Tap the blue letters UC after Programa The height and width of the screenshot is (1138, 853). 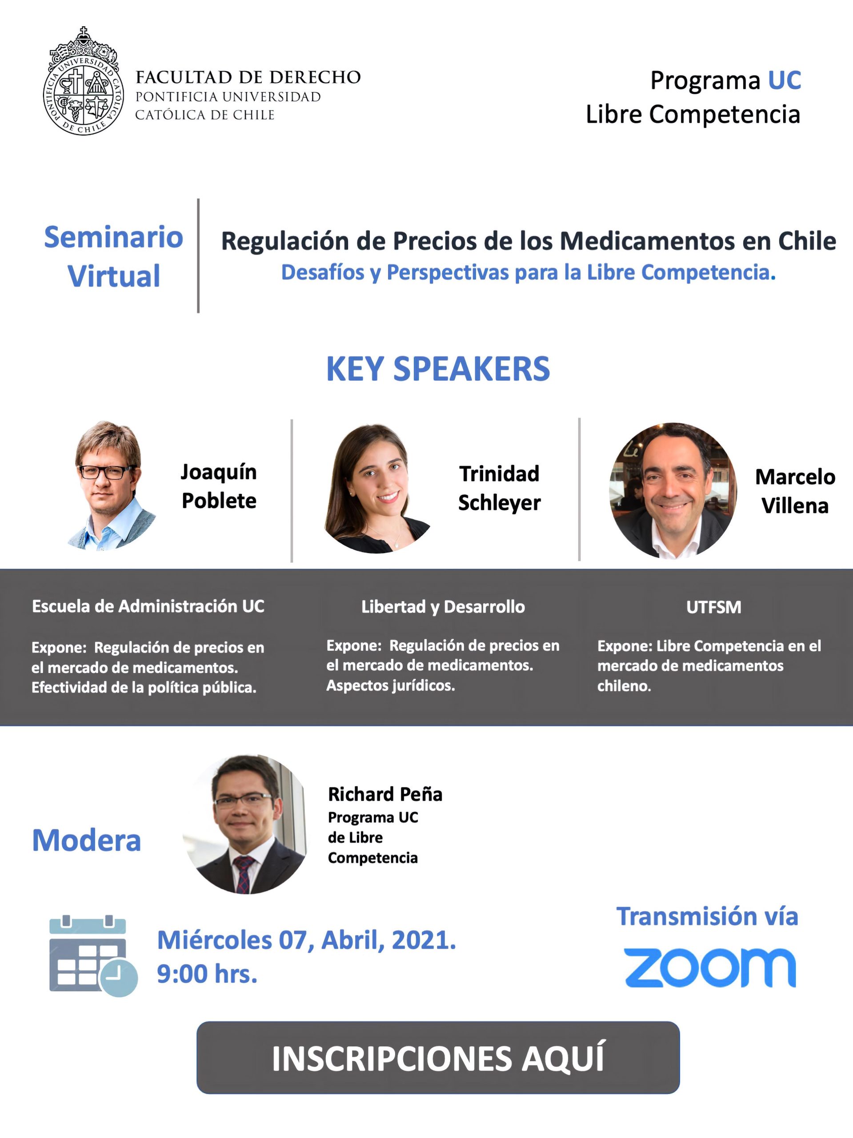(784, 80)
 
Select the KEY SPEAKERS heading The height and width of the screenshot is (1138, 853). (438, 369)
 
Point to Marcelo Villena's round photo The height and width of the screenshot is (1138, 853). (673, 490)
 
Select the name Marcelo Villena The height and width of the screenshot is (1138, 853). (795, 491)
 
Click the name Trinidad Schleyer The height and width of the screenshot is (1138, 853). (499, 488)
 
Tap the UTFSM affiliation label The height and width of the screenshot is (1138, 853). (713, 608)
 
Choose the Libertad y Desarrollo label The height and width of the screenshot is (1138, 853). (443, 607)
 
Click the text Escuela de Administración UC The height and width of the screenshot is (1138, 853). (148, 606)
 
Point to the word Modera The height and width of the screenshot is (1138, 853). (86, 840)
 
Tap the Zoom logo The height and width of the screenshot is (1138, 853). (710, 968)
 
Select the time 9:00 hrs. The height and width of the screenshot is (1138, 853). (207, 974)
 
